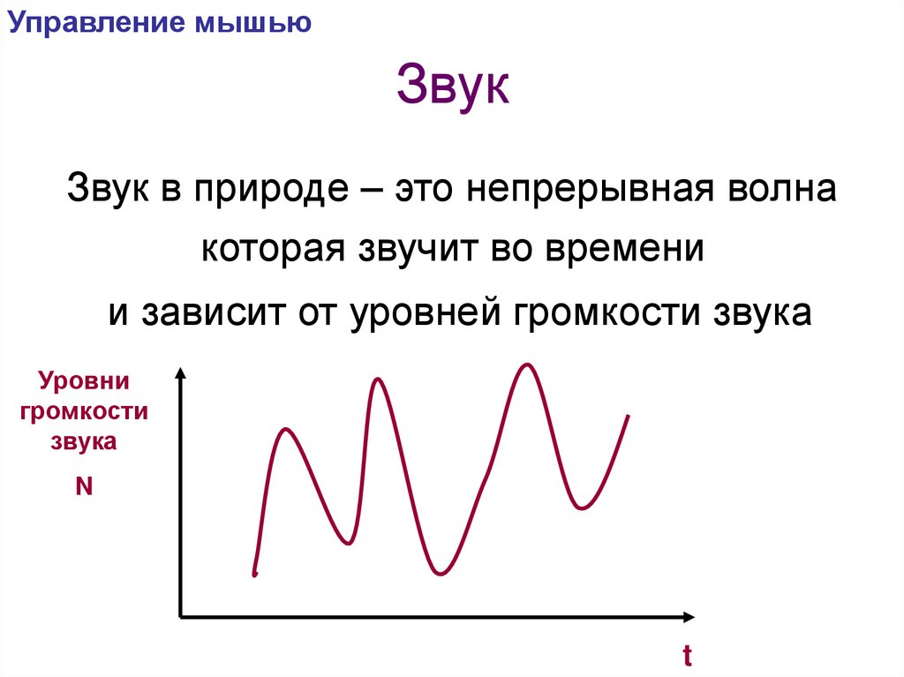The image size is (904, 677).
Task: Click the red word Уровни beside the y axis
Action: [84, 382]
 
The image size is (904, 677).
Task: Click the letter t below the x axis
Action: [686, 656]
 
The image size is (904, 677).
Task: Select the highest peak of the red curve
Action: [528, 365]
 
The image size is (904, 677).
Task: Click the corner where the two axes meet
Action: [181, 615]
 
